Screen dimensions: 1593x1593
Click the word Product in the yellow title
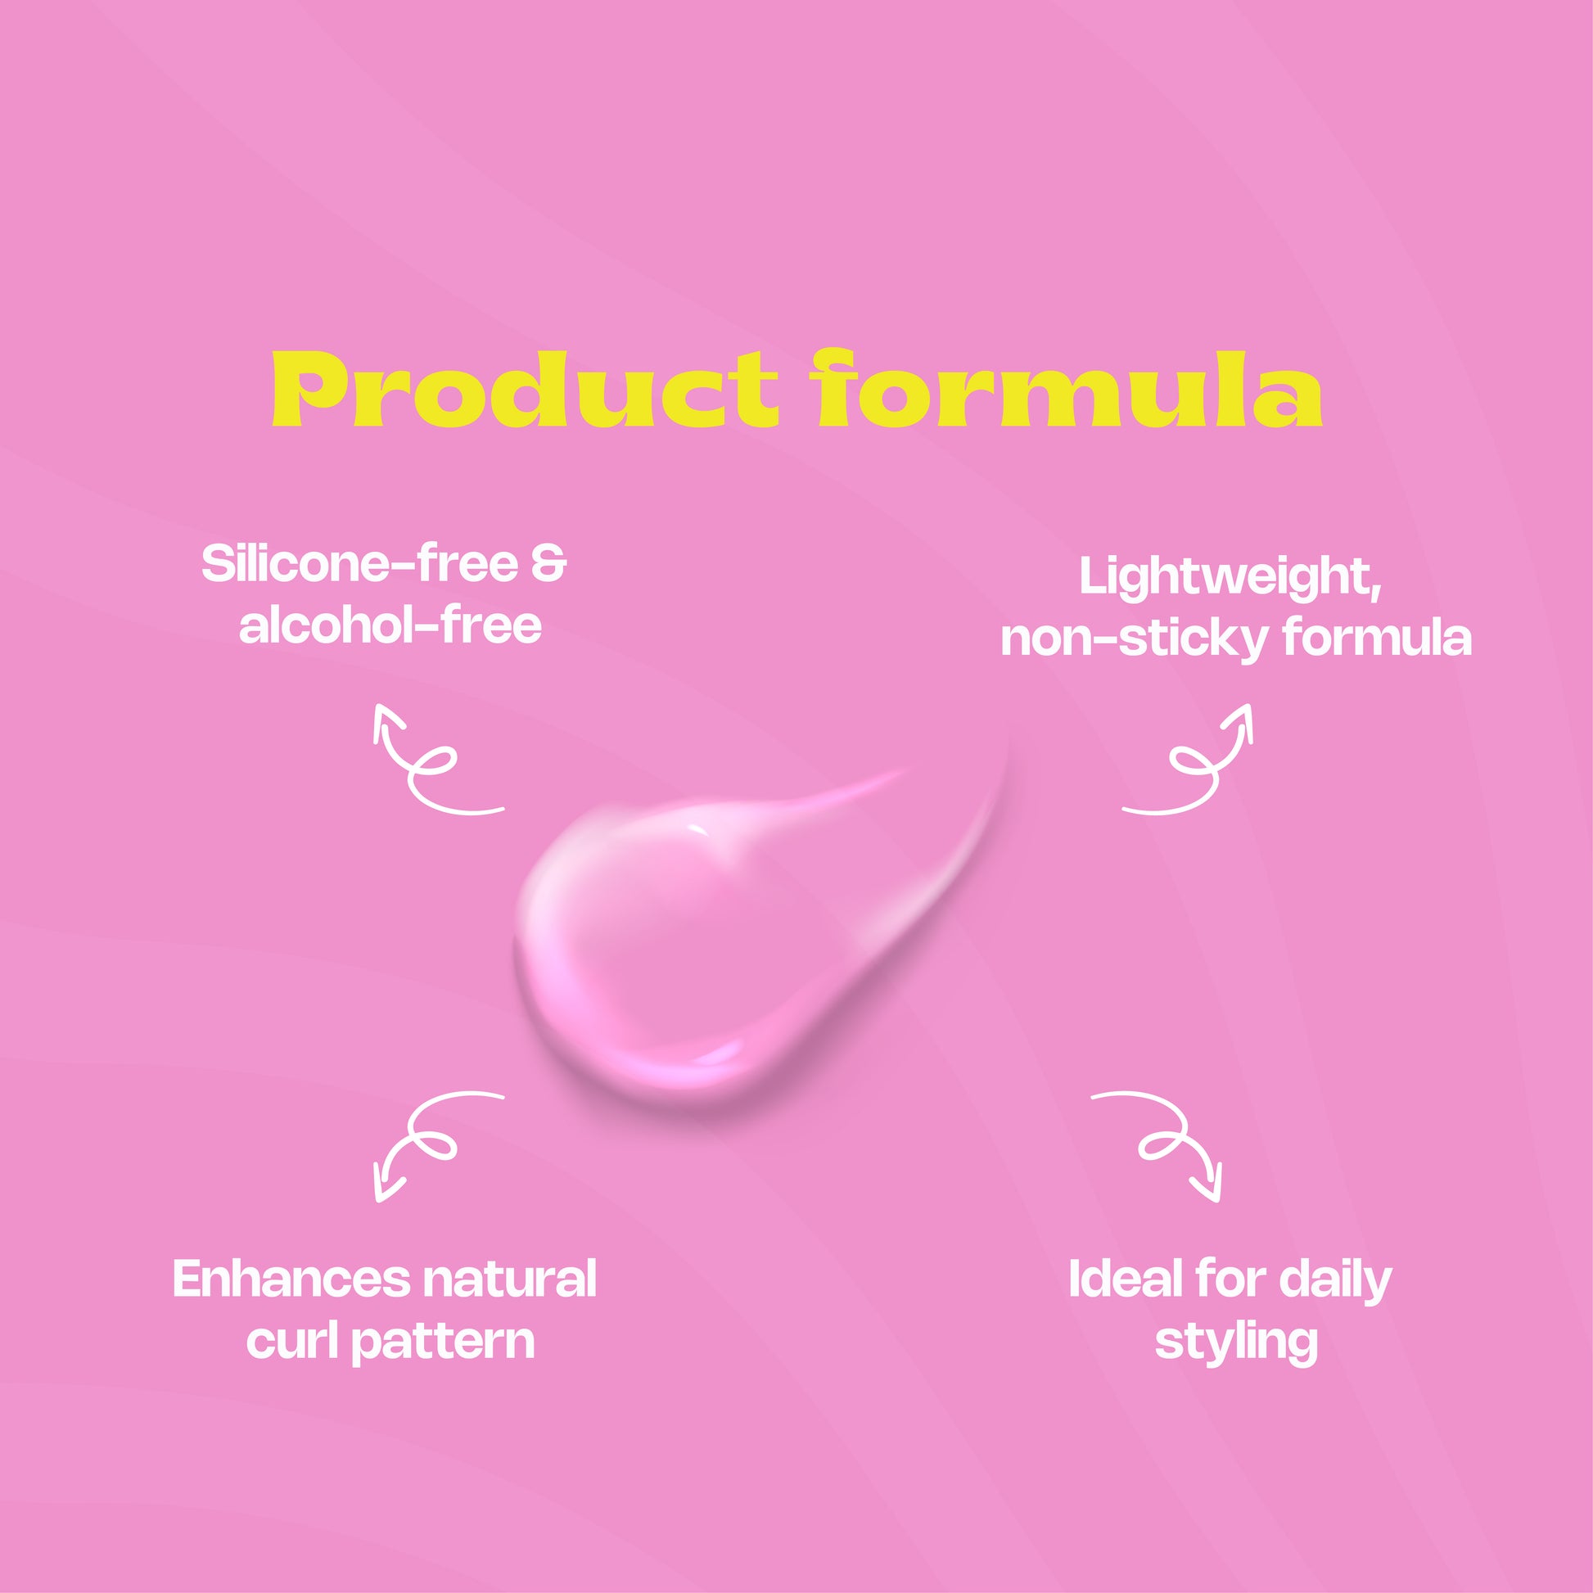525,388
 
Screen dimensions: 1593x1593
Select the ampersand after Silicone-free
548,564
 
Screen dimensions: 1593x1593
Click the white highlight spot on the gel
697,828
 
